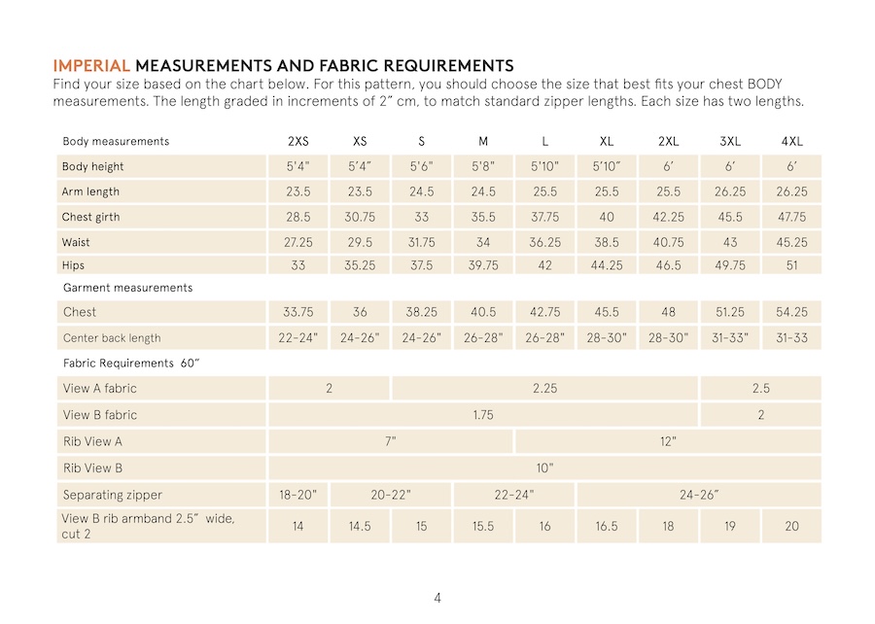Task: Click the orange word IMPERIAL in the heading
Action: coord(91,66)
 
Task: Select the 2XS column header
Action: coord(298,142)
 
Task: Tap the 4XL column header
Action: coord(791,142)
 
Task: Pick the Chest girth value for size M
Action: coord(483,218)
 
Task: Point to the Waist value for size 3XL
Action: coord(730,243)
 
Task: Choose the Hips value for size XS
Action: coord(360,265)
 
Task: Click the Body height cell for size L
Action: coord(544,167)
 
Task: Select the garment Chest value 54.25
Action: coord(791,313)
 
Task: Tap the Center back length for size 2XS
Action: coord(298,338)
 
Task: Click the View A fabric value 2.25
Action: coord(544,389)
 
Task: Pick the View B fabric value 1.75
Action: coord(483,415)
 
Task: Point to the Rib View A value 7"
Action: coord(391,441)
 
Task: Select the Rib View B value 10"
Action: coord(544,468)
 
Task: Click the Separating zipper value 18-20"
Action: coord(298,495)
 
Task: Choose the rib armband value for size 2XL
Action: coord(668,526)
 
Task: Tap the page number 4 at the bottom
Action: coord(437,598)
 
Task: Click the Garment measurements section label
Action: coord(127,289)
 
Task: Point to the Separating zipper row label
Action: coord(113,495)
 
